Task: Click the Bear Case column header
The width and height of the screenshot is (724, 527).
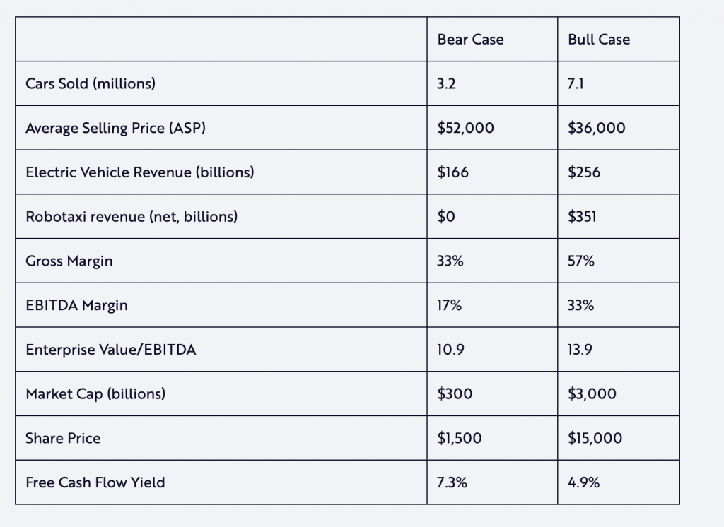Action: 470,40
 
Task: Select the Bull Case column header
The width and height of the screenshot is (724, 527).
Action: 598,40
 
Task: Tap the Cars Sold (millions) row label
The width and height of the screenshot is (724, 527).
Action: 90,83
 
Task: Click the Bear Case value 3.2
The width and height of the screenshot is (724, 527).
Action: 447,83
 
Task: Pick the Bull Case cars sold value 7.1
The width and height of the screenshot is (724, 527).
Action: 576,83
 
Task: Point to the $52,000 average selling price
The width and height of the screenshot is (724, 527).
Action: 466,128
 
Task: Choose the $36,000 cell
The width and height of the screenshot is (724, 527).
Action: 596,128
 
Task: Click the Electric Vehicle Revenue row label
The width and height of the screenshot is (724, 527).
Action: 140,172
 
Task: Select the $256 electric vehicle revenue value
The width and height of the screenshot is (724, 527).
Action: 584,172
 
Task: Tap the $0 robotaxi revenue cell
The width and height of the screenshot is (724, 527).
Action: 446,217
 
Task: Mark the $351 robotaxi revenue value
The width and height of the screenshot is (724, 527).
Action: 582,217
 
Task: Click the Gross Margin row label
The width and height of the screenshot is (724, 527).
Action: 69,261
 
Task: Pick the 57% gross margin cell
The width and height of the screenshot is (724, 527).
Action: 581,261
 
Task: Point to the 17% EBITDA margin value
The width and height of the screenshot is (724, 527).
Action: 449,305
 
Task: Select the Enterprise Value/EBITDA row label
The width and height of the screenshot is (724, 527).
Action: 110,350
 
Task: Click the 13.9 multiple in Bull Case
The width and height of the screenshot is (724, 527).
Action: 580,350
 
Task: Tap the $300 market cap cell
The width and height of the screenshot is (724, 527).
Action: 454,394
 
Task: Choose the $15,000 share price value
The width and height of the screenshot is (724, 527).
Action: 595,439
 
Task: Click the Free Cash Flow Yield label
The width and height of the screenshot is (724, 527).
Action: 95,483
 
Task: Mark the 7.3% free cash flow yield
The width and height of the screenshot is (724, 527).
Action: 452,483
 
